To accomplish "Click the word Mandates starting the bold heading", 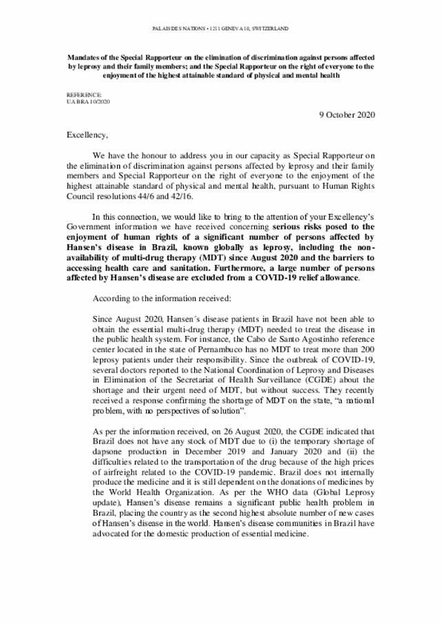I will click(x=87, y=59).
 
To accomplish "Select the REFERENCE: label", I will click(x=84, y=94).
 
